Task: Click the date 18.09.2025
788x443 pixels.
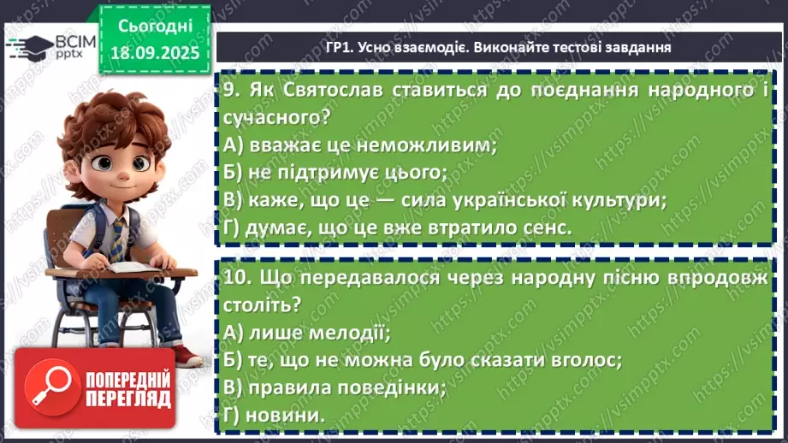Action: point(155,53)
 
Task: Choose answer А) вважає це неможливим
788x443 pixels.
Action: point(359,145)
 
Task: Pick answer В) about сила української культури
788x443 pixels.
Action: point(444,200)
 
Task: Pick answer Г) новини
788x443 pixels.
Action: point(274,416)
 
